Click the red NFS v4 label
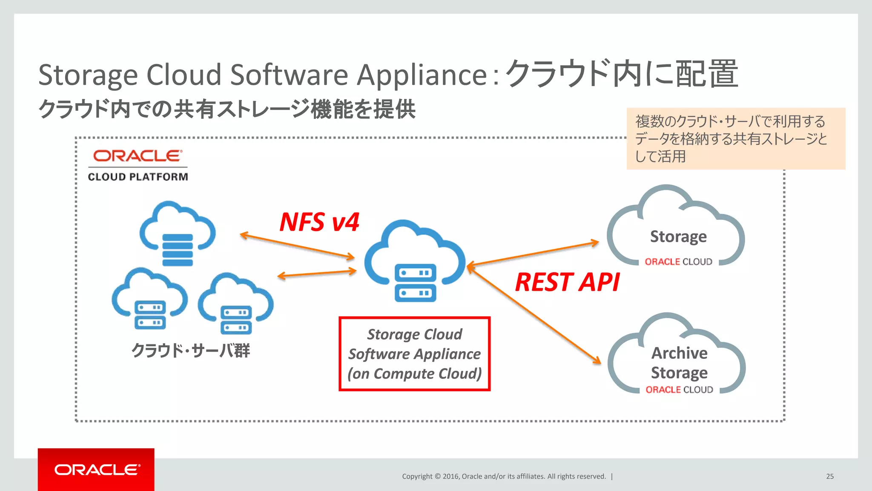[319, 222]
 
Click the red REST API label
[567, 282]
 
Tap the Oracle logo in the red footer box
[97, 469]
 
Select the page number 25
[829, 476]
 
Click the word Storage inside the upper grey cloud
[678, 237]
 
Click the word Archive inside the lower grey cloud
[680, 353]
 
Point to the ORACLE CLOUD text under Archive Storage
[679, 390]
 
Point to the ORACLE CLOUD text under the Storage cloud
[678, 262]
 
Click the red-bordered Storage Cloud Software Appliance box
[414, 354]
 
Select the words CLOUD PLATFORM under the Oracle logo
[138, 177]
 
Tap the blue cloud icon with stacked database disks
[178, 233]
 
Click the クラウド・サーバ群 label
[190, 350]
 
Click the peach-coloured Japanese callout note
[735, 139]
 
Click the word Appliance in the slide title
[422, 75]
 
